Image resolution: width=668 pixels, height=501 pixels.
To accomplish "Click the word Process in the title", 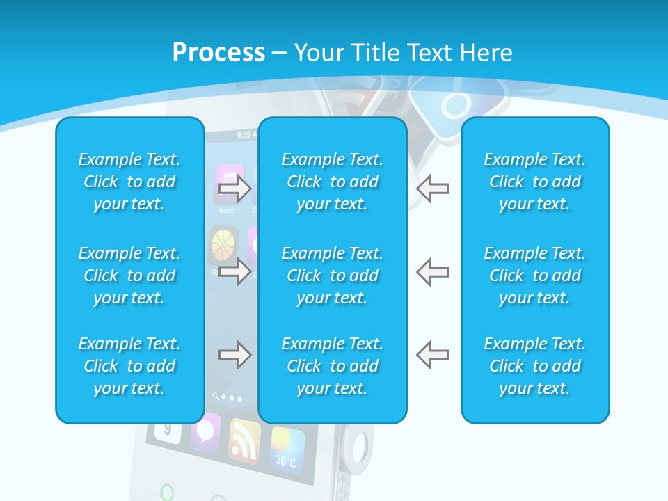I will pos(218,53).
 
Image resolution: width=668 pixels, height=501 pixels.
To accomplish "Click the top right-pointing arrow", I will pos(234,189).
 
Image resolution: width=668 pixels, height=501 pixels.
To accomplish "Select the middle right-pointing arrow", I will pos(234,271).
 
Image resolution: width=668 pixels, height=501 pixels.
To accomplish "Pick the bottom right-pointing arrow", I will pos(234,355).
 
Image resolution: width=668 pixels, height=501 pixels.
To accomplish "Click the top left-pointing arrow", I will pos(432,189).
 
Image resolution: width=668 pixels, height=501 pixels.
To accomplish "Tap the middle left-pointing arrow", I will pos(432,271).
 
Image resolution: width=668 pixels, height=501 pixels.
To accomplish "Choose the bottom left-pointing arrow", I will pos(432,355).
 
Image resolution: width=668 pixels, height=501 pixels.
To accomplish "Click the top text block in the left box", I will pos(129,182).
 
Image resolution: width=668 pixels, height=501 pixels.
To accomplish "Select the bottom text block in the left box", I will pos(129,366).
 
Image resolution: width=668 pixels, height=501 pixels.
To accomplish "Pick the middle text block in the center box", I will pos(333,276).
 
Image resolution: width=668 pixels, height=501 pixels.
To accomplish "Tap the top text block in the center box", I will pos(333,182).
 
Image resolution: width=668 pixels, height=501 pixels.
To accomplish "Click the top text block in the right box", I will pos(535,182).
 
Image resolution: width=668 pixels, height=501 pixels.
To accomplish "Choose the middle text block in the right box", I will pos(535,276).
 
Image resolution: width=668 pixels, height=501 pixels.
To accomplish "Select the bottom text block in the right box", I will pos(535,366).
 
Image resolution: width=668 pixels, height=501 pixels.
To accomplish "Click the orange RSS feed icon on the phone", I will pos(244,440).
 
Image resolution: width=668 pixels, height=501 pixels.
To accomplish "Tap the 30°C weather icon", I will pos(287,449).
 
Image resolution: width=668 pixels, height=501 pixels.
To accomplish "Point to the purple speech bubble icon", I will pos(206,431).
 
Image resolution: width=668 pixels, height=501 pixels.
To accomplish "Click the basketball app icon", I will pos(223,244).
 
